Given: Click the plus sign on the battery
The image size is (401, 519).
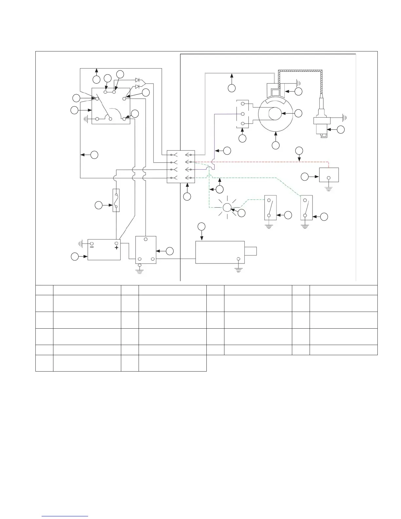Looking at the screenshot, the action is coord(117,248).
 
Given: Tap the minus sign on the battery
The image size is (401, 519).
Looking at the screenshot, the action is coord(92,248).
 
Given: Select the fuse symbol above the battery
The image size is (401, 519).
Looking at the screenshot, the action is coord(116,200).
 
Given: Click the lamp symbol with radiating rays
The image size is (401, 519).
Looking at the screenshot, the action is coord(227,207).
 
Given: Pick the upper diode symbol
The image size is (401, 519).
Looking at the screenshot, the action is coord(138,80).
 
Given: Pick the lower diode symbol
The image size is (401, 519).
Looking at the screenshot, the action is coord(138,86).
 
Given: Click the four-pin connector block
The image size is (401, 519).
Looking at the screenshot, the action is coord(181,166).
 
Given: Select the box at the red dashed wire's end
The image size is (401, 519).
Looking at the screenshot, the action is coord(329,175).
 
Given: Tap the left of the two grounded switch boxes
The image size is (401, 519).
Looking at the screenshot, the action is coord(270,208).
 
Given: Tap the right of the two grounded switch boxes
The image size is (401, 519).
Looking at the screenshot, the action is coord(306,208).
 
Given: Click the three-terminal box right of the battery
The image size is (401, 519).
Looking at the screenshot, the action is coord(146,250).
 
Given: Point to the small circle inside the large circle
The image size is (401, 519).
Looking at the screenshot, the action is coord(275,114).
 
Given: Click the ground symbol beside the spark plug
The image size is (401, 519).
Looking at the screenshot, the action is coord(344,117).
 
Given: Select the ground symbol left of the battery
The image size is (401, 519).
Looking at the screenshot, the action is coord(81,243).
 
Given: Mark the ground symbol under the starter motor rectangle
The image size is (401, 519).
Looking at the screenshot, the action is coord(239,270).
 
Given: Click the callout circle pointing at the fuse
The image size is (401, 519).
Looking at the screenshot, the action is coord(98,205).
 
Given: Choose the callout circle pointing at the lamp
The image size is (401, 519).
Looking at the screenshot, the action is coord(241,213).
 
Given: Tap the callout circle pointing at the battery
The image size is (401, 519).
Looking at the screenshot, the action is coord(75,257).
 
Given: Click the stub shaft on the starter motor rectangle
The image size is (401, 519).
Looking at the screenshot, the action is coord(251,251).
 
